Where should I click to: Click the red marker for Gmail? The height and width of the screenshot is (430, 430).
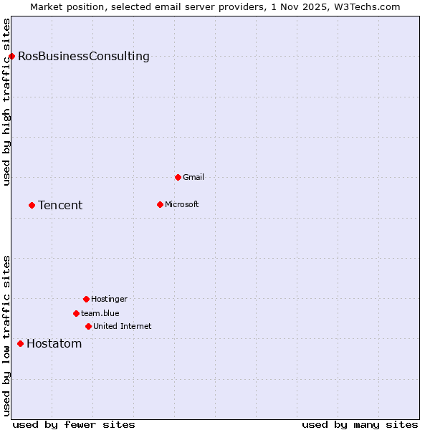point(178,177)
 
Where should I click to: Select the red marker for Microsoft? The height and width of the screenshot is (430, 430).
point(160,204)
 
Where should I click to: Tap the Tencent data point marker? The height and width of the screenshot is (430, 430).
point(32,205)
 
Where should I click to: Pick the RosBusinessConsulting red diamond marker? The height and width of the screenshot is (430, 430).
point(11,56)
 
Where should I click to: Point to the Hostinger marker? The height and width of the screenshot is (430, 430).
point(86,299)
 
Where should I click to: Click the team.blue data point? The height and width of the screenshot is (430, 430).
point(76,313)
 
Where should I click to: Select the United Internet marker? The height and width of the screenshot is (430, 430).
point(88,326)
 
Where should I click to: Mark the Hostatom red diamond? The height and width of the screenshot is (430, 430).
point(20,343)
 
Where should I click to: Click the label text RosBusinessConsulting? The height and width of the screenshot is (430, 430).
point(84,56)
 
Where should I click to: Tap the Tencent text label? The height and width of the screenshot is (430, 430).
point(60,205)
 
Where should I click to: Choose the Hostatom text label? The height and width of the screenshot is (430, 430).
point(54,343)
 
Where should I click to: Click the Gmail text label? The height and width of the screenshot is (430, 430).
point(193,177)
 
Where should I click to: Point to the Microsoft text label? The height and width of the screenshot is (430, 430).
point(182,204)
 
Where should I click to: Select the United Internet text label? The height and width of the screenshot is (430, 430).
point(123,326)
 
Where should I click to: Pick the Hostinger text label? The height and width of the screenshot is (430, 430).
point(109,299)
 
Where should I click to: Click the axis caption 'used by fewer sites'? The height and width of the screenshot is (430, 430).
point(74,425)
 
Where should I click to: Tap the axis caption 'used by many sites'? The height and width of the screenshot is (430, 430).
point(360,425)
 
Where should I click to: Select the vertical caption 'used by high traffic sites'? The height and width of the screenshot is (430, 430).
point(6,102)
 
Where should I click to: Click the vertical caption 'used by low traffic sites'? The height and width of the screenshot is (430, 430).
point(6,335)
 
